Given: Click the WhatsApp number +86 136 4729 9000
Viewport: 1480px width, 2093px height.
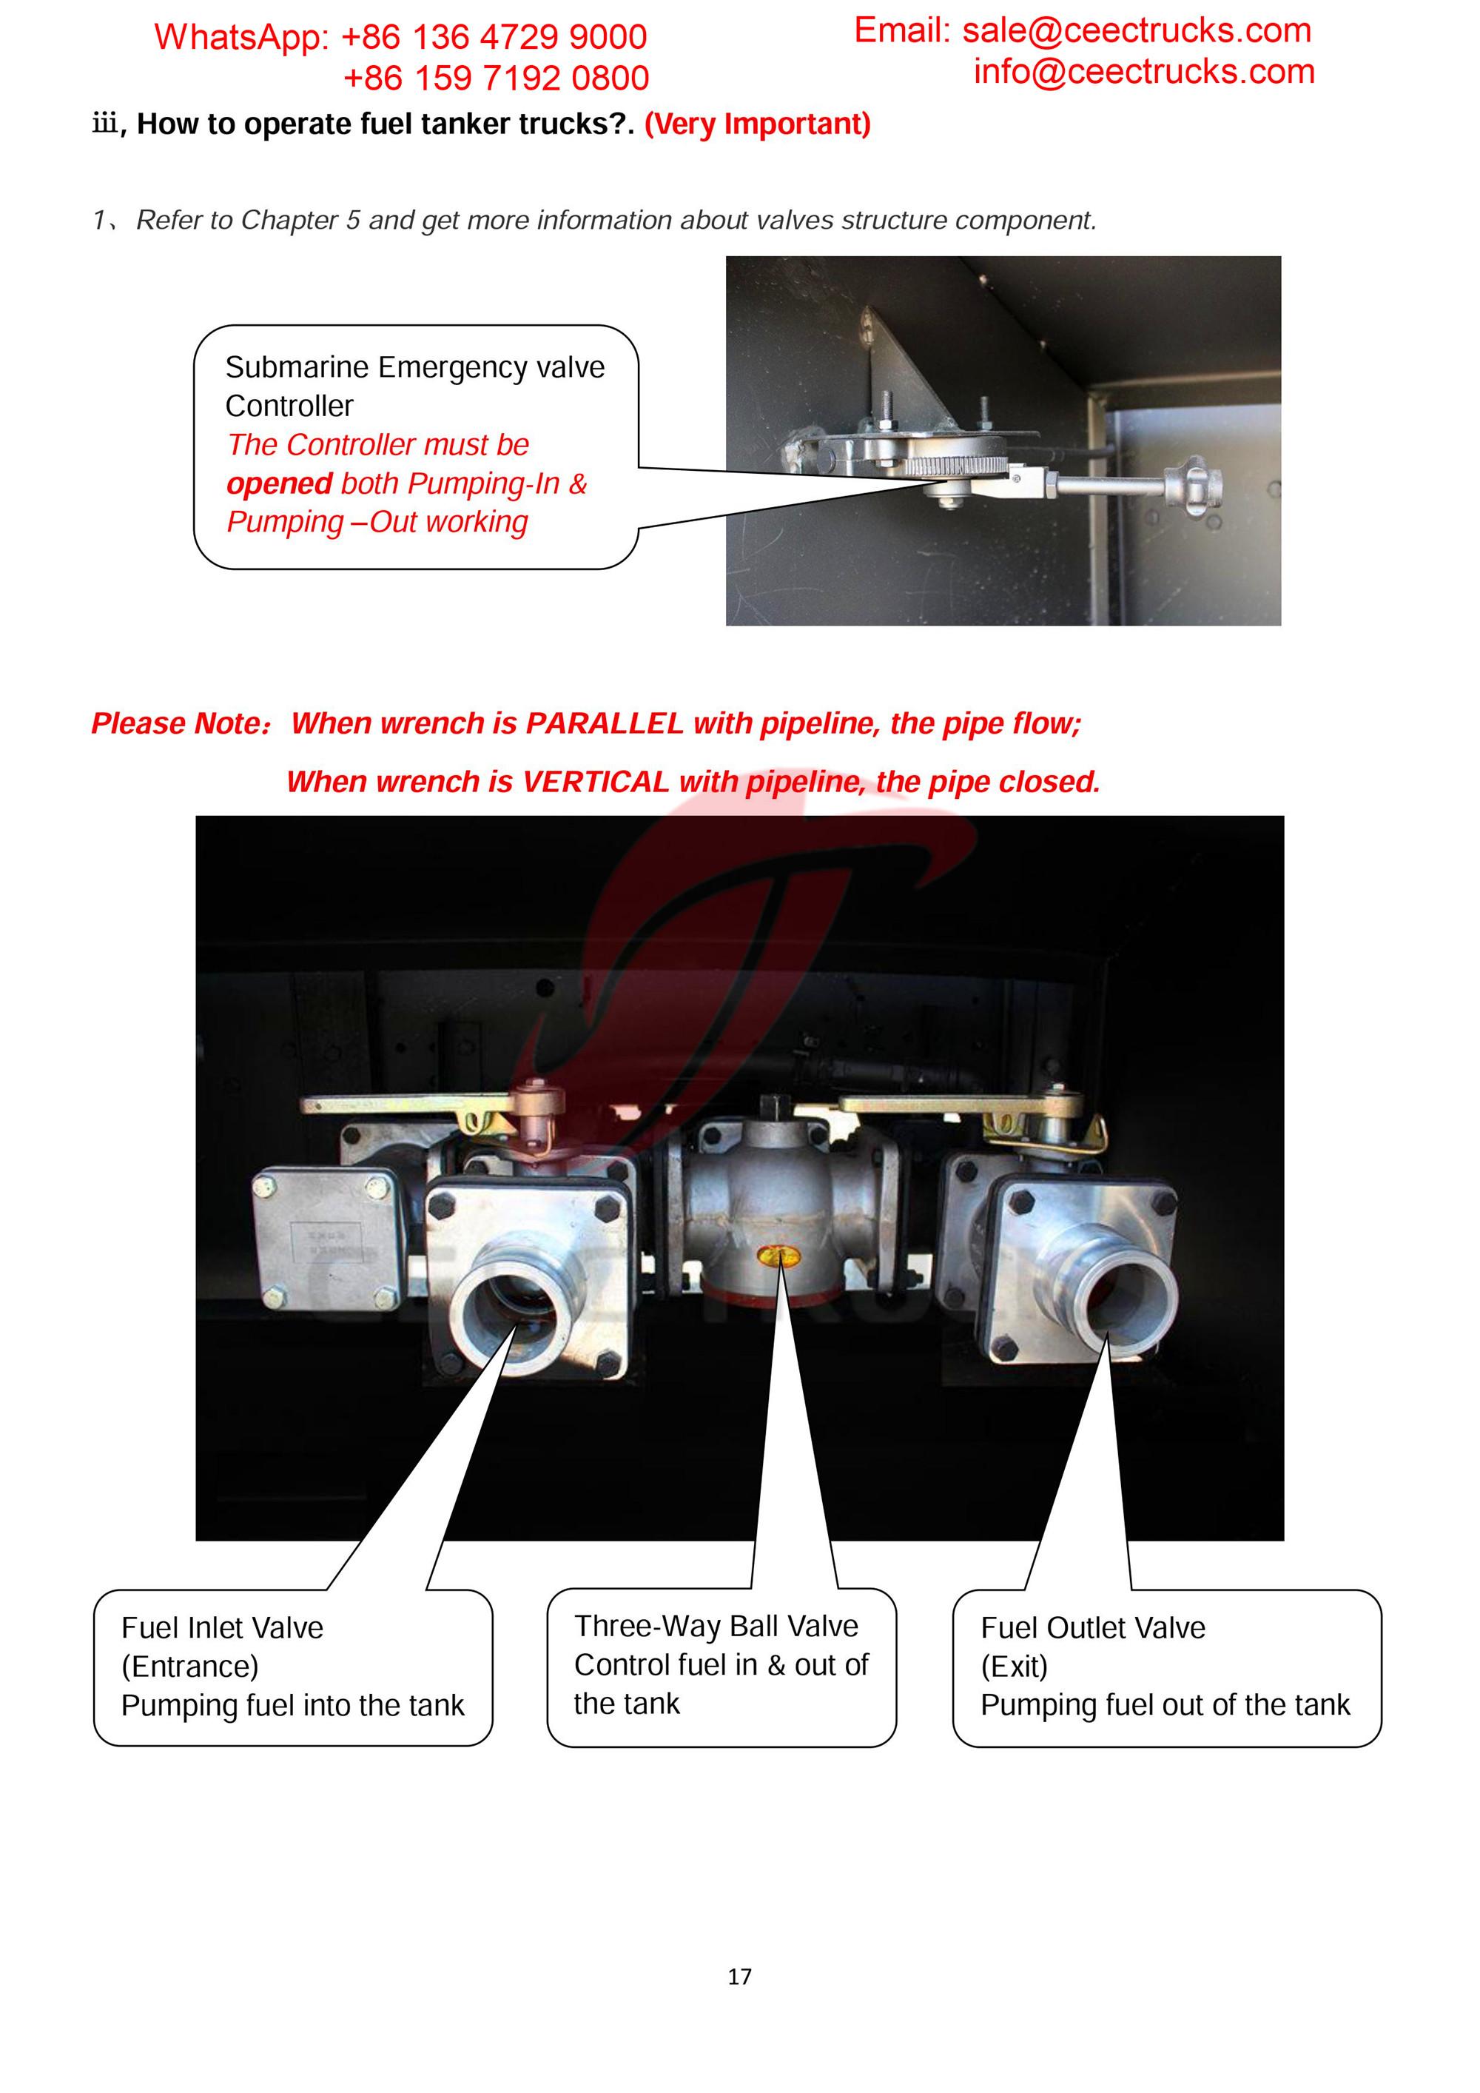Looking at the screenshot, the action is (x=493, y=36).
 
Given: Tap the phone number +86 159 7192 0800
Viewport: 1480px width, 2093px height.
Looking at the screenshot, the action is (x=496, y=78).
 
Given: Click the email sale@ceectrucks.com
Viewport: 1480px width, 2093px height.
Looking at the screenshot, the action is (x=1137, y=30).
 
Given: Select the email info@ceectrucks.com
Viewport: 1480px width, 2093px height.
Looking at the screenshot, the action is (x=1144, y=71).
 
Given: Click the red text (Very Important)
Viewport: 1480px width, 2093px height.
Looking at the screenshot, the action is (x=757, y=123).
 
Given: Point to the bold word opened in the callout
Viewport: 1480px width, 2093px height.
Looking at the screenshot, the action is (x=279, y=483).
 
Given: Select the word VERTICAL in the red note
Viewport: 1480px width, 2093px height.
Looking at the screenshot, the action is (x=595, y=781).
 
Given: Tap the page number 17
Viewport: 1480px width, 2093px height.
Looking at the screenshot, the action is (x=739, y=1976).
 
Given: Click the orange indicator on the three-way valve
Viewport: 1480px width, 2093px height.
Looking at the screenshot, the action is (x=779, y=1258).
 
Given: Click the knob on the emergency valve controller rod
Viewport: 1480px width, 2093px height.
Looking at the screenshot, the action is (x=1193, y=480).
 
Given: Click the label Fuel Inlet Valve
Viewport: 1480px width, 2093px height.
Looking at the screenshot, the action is (x=222, y=1627).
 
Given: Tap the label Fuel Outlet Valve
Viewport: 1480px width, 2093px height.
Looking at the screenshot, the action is (x=1093, y=1627).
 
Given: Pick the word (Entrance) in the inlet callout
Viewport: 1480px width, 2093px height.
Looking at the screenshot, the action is (x=189, y=1667).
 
